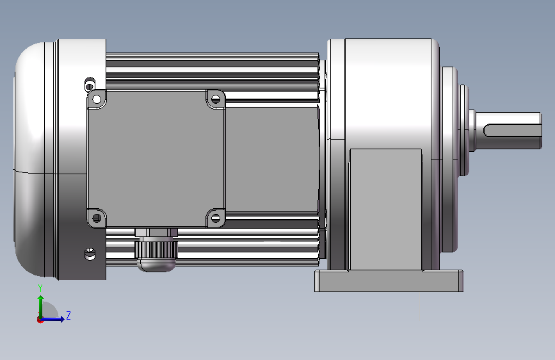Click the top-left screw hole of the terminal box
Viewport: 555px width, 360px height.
97,99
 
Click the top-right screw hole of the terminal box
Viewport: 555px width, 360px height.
216,99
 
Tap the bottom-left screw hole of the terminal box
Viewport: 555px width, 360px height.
97,218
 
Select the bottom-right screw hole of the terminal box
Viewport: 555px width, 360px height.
216,218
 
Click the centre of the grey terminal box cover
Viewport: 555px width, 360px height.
156,158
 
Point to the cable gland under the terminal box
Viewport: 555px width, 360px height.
156,250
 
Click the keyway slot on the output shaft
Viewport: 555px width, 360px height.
512,130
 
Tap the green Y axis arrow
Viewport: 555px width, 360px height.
41,307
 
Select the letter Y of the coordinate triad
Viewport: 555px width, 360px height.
40,288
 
